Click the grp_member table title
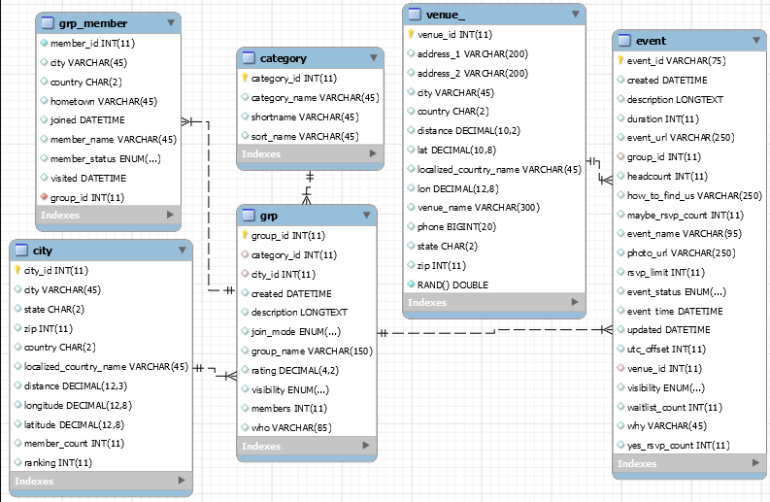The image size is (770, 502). pos(93,22)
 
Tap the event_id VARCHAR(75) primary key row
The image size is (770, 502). pos(669,60)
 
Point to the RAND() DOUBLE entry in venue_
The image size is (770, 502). pos(452,284)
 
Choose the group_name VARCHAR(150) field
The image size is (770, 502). pos(312,351)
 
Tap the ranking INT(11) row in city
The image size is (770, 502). pos(57,462)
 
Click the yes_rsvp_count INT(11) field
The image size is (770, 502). pos(678,445)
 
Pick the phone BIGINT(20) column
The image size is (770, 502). pos(455,226)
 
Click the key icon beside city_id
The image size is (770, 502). pos(17,270)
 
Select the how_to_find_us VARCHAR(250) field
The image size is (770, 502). pos(694,195)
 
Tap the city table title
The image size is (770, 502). pos(43,251)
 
